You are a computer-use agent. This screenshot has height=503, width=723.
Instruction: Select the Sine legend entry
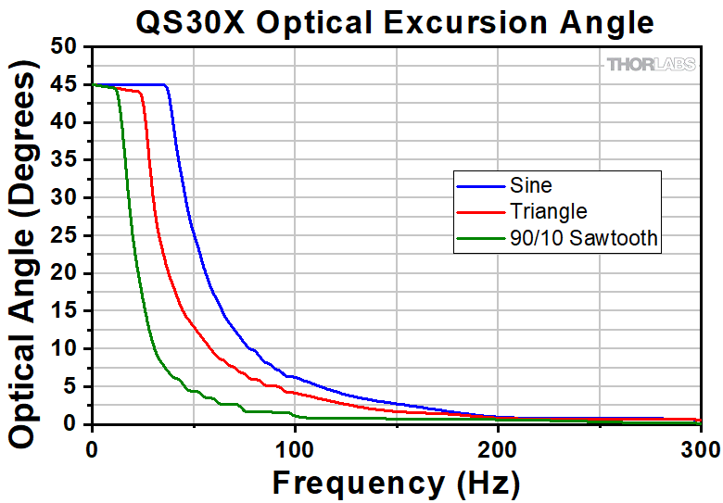[x=531, y=186]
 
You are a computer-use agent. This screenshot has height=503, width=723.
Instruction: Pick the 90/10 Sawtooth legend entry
[x=584, y=238]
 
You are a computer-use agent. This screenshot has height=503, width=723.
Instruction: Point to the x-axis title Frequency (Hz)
[x=396, y=482]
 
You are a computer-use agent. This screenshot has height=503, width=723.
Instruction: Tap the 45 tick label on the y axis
[x=63, y=85]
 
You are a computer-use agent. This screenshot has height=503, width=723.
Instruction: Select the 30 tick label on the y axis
[x=63, y=198]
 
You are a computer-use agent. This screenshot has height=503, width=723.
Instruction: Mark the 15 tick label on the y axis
[x=63, y=311]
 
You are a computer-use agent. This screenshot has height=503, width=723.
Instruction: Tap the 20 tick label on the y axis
[x=63, y=273]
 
